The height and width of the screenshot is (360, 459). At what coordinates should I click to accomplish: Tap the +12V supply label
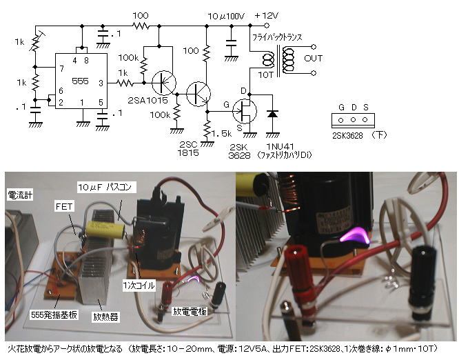pyautogui.click(x=267, y=15)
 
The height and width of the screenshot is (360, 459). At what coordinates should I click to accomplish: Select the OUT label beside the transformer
pyautogui.click(x=313, y=58)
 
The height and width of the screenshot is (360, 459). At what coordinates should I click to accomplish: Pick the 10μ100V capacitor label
pyautogui.click(x=228, y=15)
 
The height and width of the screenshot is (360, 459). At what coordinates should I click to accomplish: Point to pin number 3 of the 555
pyautogui.click(x=101, y=83)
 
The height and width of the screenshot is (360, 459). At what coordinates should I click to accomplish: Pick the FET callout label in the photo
pyautogui.click(x=63, y=205)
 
